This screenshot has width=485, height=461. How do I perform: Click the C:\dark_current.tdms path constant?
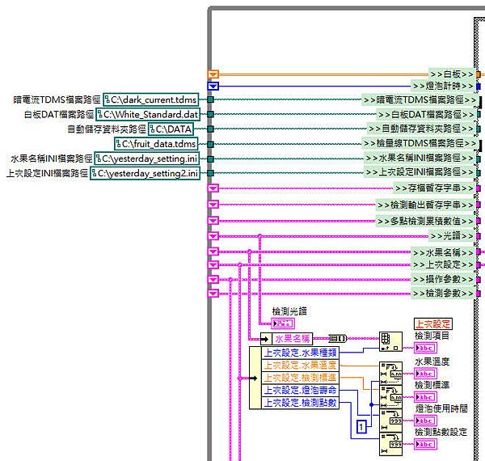pos(150,99)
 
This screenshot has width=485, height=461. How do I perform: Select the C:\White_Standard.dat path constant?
pos(146,114)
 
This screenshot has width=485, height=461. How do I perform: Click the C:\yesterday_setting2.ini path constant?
pos(145,173)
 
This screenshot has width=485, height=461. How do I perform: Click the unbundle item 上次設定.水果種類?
pos(301,353)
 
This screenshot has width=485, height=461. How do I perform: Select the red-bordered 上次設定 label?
pos(434,324)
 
